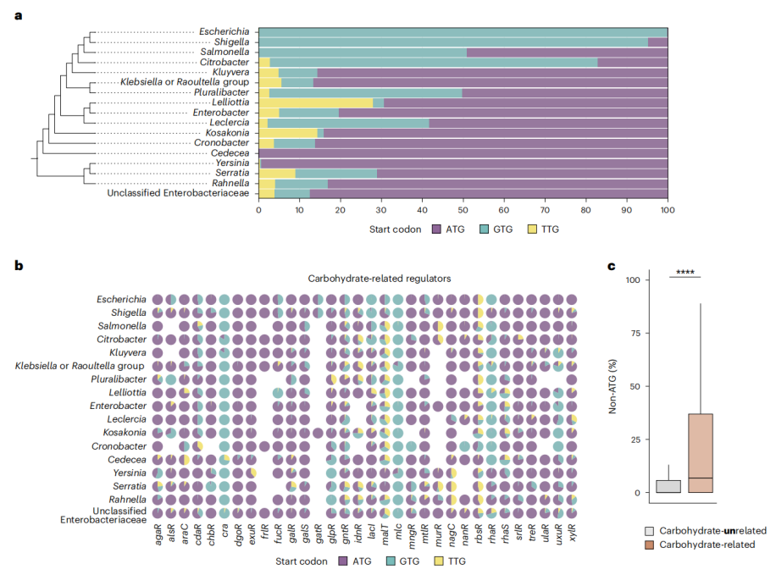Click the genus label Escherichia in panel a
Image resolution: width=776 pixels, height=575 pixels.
coord(224,31)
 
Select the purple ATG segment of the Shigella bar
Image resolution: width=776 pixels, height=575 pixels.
coord(657,41)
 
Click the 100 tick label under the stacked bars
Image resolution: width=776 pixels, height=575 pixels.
coord(668,209)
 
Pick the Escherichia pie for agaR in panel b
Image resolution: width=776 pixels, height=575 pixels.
coord(158,299)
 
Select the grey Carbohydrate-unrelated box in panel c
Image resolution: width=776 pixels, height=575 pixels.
coord(668,486)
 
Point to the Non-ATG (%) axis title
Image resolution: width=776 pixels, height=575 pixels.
coord(614,386)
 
